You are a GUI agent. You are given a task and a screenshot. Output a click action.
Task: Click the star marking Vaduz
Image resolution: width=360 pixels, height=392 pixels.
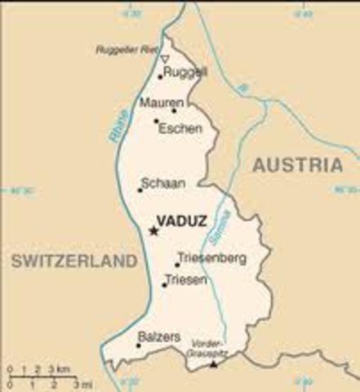point(153,231)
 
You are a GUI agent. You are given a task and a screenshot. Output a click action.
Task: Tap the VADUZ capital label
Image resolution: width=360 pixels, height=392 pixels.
point(180,220)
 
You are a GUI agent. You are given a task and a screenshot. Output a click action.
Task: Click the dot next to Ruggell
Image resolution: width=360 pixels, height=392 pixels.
point(160,78)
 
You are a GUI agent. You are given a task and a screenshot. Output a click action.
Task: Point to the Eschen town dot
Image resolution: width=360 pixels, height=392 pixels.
point(155,121)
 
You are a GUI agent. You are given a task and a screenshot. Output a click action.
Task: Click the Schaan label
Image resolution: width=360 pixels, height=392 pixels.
point(162,184)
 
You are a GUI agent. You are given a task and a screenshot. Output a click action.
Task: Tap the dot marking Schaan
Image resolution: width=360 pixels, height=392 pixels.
point(140,190)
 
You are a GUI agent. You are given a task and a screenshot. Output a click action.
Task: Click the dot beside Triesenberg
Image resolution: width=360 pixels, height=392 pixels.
point(176,264)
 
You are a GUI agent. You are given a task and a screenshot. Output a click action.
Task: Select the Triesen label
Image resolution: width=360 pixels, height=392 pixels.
point(186,280)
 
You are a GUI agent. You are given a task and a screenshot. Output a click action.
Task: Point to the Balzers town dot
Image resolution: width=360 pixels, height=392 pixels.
point(138,345)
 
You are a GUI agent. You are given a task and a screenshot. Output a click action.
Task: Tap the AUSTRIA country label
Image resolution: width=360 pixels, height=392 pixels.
point(297,165)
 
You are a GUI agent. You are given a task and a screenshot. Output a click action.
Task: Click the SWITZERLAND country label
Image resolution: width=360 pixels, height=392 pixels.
point(73,261)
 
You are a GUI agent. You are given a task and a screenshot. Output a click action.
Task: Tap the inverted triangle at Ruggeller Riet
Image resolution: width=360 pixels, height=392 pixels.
point(164,59)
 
